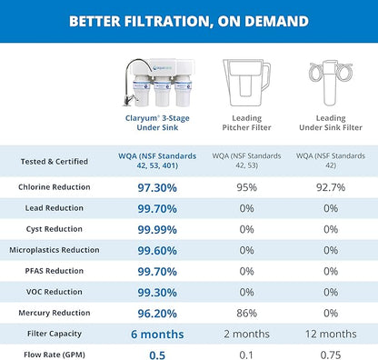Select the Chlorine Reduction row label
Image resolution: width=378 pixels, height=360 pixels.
(53, 187)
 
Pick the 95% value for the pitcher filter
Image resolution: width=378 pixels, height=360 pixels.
(246, 187)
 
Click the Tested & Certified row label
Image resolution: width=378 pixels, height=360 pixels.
(53, 162)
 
